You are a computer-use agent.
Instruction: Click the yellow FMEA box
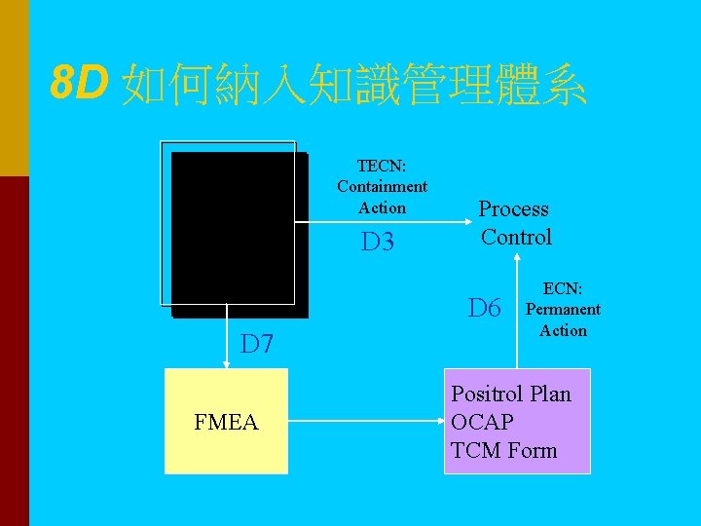click(x=226, y=421)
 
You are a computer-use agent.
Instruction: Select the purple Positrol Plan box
click(x=517, y=421)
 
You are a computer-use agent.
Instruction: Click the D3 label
click(x=377, y=242)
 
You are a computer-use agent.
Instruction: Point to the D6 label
click(x=484, y=309)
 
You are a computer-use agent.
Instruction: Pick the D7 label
click(x=257, y=344)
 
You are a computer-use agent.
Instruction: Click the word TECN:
click(x=382, y=166)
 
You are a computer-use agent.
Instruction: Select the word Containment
click(x=382, y=186)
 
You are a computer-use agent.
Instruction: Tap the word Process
click(x=513, y=209)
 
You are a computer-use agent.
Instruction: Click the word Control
click(x=516, y=237)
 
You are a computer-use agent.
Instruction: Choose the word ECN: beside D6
click(x=563, y=288)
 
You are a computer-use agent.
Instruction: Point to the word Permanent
click(x=563, y=310)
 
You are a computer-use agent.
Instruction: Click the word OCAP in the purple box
click(x=482, y=422)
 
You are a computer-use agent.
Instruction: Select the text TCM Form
click(x=504, y=450)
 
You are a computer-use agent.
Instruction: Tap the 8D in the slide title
click(x=79, y=86)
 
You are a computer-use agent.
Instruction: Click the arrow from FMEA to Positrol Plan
click(x=365, y=422)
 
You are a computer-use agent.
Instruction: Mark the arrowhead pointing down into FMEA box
click(x=227, y=363)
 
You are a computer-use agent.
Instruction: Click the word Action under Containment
click(x=382, y=207)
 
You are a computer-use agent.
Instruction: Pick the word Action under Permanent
click(x=563, y=330)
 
